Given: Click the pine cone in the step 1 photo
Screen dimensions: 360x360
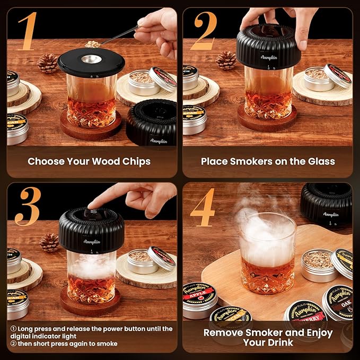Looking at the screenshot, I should [x=48, y=63].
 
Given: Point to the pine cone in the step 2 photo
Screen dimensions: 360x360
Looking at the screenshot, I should [x=226, y=60].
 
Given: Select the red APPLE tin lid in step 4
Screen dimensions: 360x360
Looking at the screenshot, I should [x=199, y=294].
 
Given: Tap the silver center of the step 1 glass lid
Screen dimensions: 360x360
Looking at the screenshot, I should [x=91, y=58].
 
